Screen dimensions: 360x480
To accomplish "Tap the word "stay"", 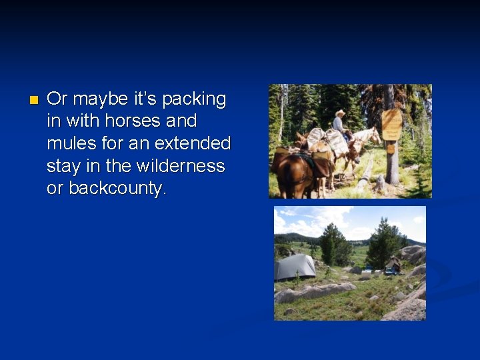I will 65,165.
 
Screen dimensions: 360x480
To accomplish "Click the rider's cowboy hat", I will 340,113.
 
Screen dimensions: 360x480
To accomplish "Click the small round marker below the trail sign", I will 392,149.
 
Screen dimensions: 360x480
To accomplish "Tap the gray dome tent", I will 295,267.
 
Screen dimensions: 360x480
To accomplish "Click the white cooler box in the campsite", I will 366,274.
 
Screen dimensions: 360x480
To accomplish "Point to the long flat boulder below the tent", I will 313,291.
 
